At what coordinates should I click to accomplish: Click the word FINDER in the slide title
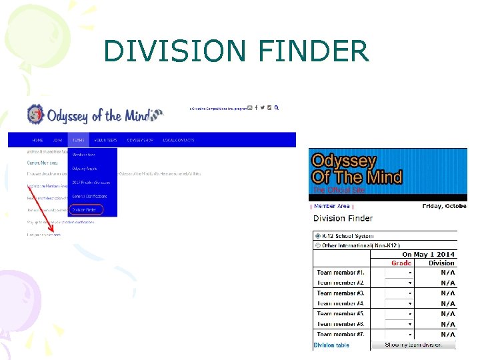tap(313, 51)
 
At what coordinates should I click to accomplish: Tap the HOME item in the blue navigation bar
tap(37, 140)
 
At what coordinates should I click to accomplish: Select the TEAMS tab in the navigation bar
tap(79, 140)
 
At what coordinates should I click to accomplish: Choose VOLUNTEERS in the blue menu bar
tap(105, 140)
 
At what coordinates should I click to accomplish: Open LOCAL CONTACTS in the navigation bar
tap(179, 140)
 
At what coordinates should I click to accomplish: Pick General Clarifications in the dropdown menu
tap(89, 196)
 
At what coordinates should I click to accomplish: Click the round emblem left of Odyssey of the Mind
tap(36, 115)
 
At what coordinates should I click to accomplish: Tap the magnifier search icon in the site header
tap(277, 107)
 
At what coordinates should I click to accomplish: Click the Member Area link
tap(332, 207)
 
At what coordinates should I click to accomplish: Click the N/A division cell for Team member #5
tap(448, 313)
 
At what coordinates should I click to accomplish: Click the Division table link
tap(331, 345)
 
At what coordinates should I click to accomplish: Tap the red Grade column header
tap(401, 263)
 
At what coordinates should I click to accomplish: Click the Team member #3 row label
tap(341, 293)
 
